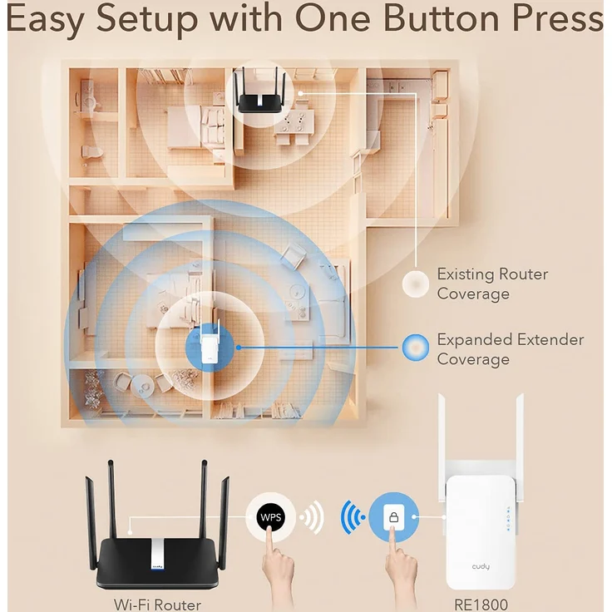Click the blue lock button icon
tap(393, 517)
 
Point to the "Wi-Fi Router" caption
tap(157, 604)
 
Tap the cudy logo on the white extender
tap(481, 566)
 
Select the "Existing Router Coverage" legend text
tap(492, 284)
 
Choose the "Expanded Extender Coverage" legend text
tap(510, 349)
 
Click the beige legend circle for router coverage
tap(414, 284)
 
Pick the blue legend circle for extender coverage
tap(414, 347)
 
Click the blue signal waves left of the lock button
tap(351, 518)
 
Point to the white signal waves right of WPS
tap(313, 518)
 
